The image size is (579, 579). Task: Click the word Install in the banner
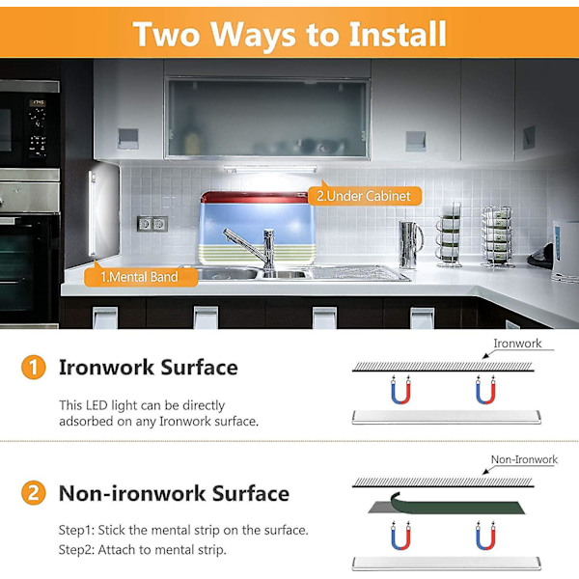pyautogui.click(x=398, y=34)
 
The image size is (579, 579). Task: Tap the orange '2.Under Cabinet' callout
pyautogui.click(x=365, y=196)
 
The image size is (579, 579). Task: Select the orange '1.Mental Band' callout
pyautogui.click(x=140, y=277)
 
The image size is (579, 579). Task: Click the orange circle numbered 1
pyautogui.click(x=34, y=367)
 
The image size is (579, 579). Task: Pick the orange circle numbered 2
pyautogui.click(x=34, y=493)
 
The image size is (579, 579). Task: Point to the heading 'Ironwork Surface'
pyautogui.click(x=149, y=368)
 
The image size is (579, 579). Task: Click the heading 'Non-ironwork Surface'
pyautogui.click(x=174, y=493)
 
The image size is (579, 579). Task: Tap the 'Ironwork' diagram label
pyautogui.click(x=517, y=344)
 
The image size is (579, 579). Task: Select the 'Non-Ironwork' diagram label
pyautogui.click(x=524, y=459)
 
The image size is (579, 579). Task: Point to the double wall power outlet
pyautogui.click(x=152, y=224)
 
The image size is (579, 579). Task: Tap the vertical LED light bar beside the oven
pyautogui.click(x=92, y=213)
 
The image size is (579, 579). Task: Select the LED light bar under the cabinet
pyautogui.click(x=270, y=169)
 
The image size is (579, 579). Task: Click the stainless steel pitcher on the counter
pyautogui.click(x=410, y=244)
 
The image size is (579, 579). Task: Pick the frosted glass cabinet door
pyautogui.click(x=267, y=118)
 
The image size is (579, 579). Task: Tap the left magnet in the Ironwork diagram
pyautogui.click(x=400, y=390)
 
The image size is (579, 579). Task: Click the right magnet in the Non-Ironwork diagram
pyautogui.click(x=485, y=536)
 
